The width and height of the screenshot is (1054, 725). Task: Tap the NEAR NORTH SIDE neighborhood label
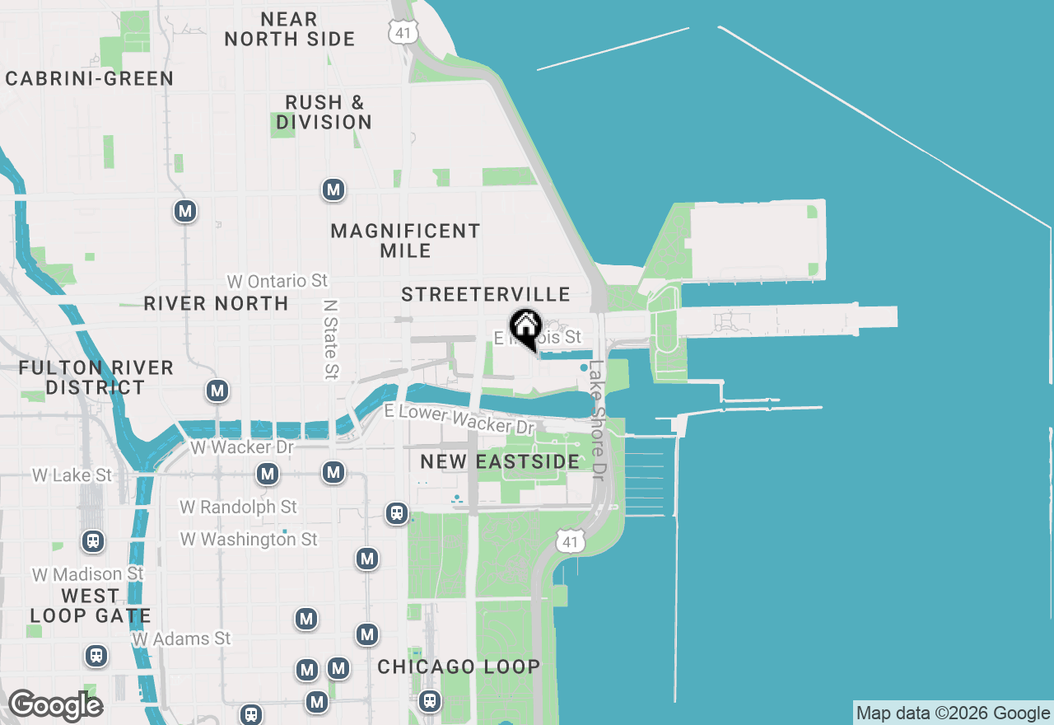290,29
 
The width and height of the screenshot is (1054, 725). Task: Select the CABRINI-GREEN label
90,78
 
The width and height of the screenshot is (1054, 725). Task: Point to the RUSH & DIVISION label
324,112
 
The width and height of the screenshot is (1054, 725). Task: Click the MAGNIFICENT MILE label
405,241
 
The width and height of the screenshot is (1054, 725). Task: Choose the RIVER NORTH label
216,303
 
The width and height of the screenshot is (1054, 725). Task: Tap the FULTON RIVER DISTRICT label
96,377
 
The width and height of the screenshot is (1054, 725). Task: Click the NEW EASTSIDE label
500,461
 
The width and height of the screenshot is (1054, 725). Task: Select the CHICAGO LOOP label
459,667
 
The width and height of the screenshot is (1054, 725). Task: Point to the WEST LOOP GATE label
91,606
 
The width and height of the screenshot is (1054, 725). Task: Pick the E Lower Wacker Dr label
459,419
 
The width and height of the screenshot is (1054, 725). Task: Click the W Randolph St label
239,507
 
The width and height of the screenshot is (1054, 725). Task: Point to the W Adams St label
182,638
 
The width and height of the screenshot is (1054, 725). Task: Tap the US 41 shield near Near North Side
403,31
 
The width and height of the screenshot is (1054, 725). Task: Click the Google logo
55,705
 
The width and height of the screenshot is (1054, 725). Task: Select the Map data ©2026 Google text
953,713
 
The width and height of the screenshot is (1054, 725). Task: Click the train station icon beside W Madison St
93,541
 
